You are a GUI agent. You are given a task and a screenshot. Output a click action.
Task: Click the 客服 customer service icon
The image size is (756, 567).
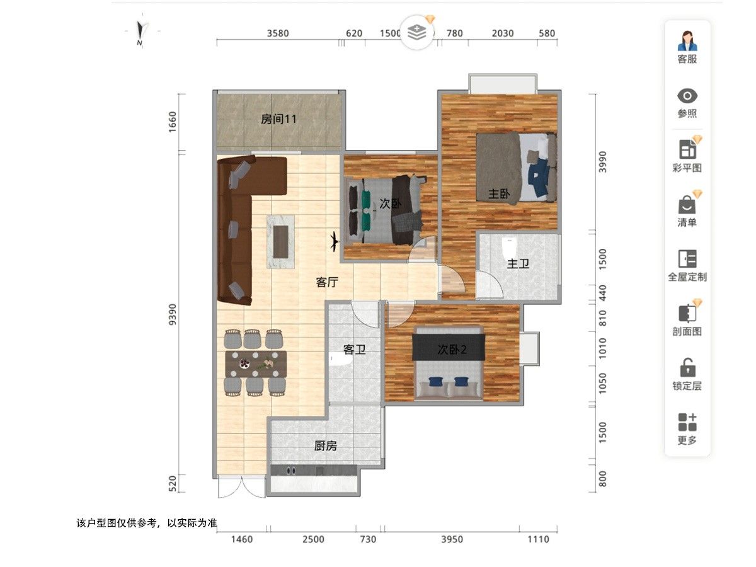point(687,41)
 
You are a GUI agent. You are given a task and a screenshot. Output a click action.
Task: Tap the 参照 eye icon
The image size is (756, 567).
point(687,96)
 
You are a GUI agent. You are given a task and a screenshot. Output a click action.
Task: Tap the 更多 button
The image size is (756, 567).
point(687,428)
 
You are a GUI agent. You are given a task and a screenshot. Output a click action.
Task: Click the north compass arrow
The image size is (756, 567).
point(140,30)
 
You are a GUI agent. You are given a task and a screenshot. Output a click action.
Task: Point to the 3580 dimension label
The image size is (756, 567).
point(278,33)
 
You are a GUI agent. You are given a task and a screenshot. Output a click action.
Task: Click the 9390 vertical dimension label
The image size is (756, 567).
point(172,314)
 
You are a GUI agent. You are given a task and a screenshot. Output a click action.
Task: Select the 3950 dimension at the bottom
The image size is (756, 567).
point(452,539)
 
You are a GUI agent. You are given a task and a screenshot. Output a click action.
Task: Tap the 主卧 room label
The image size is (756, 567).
point(499,194)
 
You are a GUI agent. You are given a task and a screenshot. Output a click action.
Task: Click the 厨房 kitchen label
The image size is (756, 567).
point(326,446)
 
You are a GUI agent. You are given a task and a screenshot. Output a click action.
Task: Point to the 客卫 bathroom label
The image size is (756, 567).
point(354,350)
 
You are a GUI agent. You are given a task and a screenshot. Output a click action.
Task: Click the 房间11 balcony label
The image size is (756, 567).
point(278,119)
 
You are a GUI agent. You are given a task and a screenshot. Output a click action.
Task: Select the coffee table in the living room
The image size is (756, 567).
point(281,242)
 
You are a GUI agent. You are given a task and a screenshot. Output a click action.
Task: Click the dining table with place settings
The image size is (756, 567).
point(256,364)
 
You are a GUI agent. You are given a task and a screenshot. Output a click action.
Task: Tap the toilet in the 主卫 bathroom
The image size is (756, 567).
point(510,248)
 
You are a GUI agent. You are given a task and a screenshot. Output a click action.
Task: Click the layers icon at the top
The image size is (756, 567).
point(417,32)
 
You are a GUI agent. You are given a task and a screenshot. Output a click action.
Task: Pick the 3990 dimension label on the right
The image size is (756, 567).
point(602,162)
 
